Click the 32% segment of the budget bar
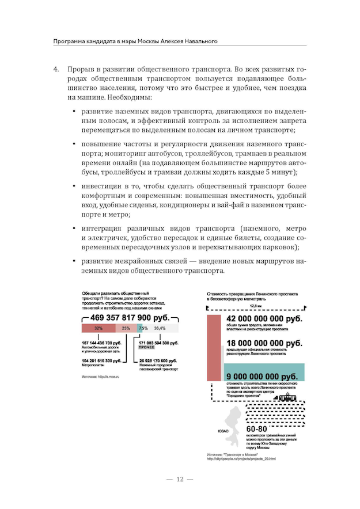(x=98, y=328)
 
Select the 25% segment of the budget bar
(x=126, y=328)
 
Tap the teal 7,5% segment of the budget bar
(x=141, y=328)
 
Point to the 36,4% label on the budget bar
(x=160, y=328)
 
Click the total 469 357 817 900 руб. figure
(x=129, y=318)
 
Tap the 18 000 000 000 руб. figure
(x=264, y=344)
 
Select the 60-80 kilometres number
(x=256, y=429)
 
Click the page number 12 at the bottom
(x=180, y=479)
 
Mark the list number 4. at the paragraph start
(x=56, y=69)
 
